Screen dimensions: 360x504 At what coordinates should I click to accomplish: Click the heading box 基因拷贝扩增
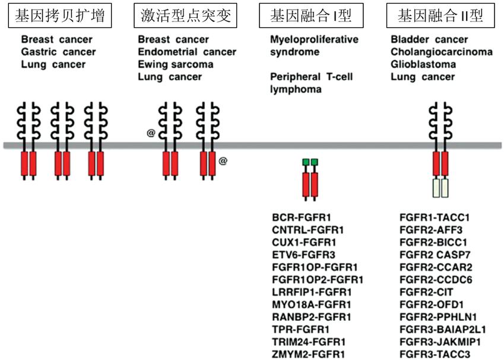60,16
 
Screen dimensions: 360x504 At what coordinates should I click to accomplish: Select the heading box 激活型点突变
186,16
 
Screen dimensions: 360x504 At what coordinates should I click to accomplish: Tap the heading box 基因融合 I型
310,16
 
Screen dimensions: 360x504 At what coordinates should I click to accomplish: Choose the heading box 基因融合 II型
440,16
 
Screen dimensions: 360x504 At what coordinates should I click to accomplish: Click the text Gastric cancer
58,52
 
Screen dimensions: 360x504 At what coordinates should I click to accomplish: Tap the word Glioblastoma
423,65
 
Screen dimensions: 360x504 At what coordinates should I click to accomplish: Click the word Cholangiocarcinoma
442,52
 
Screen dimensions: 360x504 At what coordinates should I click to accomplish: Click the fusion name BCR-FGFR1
301,217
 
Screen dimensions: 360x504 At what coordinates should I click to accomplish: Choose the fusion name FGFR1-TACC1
435,217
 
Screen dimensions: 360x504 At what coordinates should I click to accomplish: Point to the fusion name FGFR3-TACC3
435,354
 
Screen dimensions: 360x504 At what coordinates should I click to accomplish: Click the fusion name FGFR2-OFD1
432,304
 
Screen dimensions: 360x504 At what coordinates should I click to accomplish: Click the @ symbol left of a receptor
151,133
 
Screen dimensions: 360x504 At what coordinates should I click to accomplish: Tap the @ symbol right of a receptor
223,160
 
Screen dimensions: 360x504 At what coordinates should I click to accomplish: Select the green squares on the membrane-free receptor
310,162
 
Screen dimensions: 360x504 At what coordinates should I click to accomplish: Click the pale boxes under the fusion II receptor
440,188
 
